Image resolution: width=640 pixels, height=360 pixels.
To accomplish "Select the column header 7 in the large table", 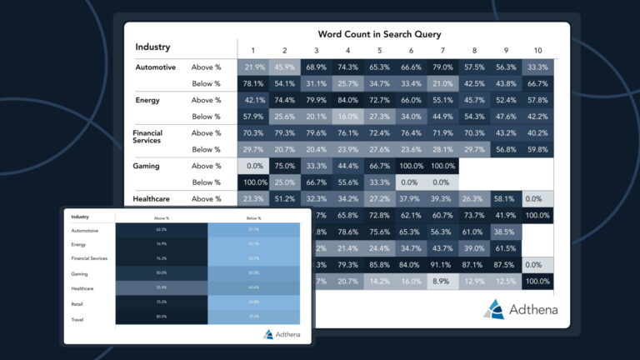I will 442,50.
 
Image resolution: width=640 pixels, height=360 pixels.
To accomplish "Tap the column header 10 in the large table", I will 537,50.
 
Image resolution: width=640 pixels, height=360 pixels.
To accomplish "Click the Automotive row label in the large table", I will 156,67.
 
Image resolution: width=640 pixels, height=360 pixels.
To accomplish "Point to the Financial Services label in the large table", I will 148,137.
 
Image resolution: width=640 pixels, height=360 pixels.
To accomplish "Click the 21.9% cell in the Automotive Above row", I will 254,67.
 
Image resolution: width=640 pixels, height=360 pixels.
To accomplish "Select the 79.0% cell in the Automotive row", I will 442,67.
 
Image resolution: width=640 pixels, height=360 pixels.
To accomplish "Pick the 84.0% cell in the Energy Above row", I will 348,100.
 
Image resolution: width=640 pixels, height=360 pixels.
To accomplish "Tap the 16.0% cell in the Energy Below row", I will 348,117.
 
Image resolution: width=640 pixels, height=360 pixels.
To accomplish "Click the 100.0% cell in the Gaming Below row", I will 254,182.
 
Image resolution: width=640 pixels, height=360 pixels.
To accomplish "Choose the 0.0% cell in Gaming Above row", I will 254,166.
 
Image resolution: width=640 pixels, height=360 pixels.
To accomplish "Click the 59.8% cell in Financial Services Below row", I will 537,150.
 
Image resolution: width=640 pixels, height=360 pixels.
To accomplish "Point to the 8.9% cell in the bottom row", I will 442,282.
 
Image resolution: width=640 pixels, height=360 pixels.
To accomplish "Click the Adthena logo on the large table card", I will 522,310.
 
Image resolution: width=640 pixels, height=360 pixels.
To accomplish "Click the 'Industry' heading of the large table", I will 152,47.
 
